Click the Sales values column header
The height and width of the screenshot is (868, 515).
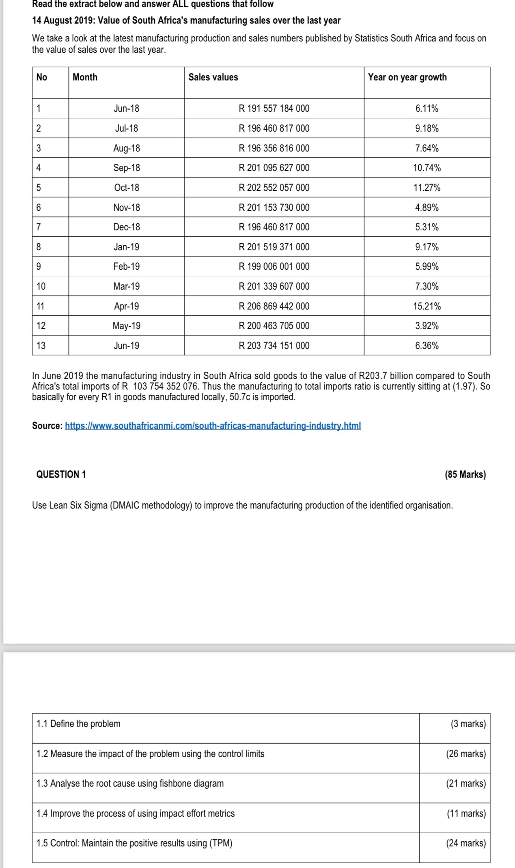213,77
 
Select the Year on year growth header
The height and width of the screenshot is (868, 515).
407,77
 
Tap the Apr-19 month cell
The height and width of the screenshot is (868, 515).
126,306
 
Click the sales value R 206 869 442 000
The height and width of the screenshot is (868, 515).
274,306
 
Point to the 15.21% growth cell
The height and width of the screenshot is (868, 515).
427,306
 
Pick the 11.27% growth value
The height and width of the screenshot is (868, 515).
427,188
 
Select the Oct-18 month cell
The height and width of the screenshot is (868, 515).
126,188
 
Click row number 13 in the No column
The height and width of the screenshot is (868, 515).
41,346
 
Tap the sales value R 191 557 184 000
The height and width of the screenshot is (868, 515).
274,108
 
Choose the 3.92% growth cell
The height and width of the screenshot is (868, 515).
427,326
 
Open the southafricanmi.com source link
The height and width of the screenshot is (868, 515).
213,426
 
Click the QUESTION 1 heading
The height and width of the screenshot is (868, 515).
61,474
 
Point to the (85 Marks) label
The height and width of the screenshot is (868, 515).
465,474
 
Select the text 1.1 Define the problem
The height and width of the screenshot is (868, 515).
78,723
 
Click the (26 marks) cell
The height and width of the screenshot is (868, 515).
466,753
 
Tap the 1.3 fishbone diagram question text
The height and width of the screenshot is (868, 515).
130,783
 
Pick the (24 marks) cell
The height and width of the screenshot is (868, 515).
466,843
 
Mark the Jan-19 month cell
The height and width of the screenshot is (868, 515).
126,247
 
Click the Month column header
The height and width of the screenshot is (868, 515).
85,77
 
